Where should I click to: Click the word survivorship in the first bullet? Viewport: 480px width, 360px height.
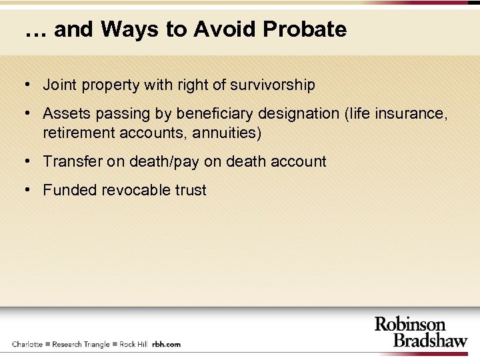pos(273,85)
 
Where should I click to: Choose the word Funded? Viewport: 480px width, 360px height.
pos(70,190)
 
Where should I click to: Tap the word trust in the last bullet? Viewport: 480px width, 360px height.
pos(191,190)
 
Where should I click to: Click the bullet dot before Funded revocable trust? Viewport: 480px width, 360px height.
pos(25,189)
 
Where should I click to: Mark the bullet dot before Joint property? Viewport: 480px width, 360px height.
pos(25,85)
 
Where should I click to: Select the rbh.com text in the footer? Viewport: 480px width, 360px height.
pos(166,345)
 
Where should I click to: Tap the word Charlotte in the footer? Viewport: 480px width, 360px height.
pos(27,345)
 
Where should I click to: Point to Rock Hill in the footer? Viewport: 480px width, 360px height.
pos(133,345)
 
